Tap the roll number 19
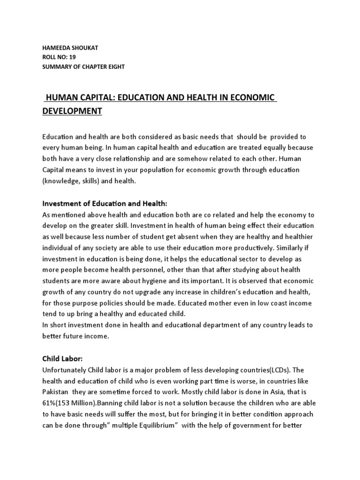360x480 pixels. [72, 57]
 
